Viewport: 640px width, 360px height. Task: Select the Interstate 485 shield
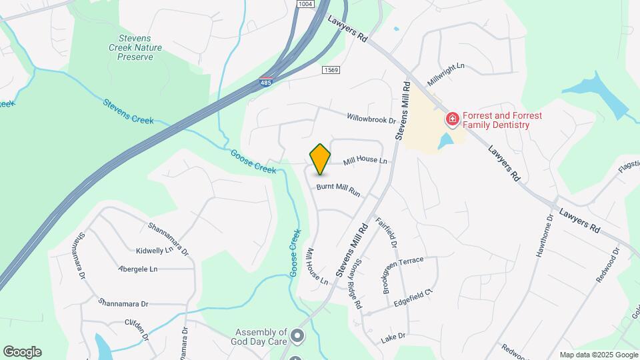[266, 83]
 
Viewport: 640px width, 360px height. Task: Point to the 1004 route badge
[305, 4]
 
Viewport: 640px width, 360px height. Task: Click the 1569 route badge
[331, 70]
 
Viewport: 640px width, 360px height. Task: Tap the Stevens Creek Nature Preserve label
[131, 48]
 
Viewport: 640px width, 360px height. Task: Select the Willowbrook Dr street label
[371, 119]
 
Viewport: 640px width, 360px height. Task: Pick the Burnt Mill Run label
[338, 190]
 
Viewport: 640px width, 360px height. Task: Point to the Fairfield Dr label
[386, 234]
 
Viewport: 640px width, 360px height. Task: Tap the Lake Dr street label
[393, 337]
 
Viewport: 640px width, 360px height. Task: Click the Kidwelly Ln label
[154, 251]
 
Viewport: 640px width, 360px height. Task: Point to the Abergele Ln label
[137, 269]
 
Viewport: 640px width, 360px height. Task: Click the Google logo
[22, 352]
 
